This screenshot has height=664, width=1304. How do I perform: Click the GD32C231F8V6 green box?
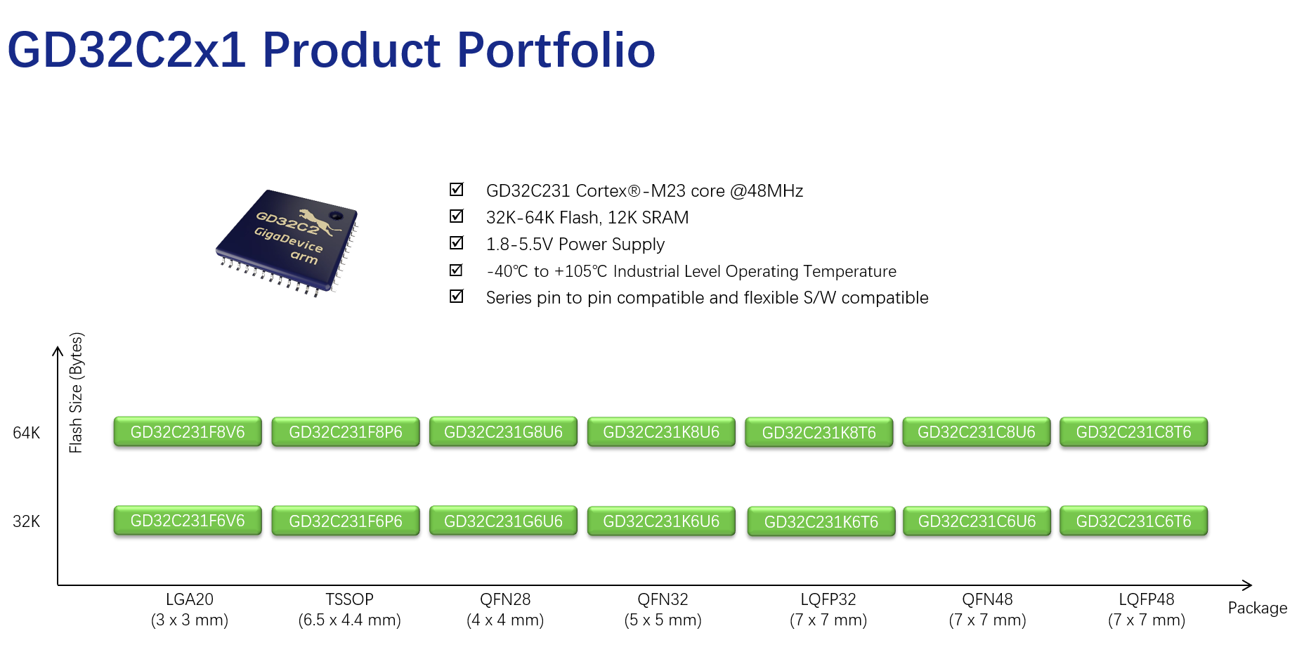pos(188,432)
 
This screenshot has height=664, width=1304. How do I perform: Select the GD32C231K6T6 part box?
pos(821,521)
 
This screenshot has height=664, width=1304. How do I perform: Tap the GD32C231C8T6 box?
pos(1133,432)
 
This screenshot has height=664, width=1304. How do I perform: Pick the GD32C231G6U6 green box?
pos(503,521)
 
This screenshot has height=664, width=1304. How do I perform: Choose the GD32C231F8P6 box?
pos(346,432)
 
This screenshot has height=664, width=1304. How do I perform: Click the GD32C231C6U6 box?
pos(977,521)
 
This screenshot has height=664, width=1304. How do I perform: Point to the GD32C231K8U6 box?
pos(661,432)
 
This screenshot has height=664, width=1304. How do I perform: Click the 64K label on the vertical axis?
pos(27,433)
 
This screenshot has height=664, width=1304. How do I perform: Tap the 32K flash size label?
pos(27,521)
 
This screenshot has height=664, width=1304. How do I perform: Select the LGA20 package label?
pos(190,599)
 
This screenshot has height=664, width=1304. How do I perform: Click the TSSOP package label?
pos(349,599)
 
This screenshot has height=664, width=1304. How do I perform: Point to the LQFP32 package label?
pos(828,599)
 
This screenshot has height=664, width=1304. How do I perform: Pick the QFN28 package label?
pos(505,599)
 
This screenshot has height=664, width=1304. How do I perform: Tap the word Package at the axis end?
pos(1257,608)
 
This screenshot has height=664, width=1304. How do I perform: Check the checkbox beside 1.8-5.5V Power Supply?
pos(457,242)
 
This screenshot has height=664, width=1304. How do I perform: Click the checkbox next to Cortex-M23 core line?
pos(457,189)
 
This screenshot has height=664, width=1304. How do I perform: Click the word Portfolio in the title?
pos(556,51)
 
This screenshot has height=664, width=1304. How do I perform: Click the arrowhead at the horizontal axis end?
pos(1247,585)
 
